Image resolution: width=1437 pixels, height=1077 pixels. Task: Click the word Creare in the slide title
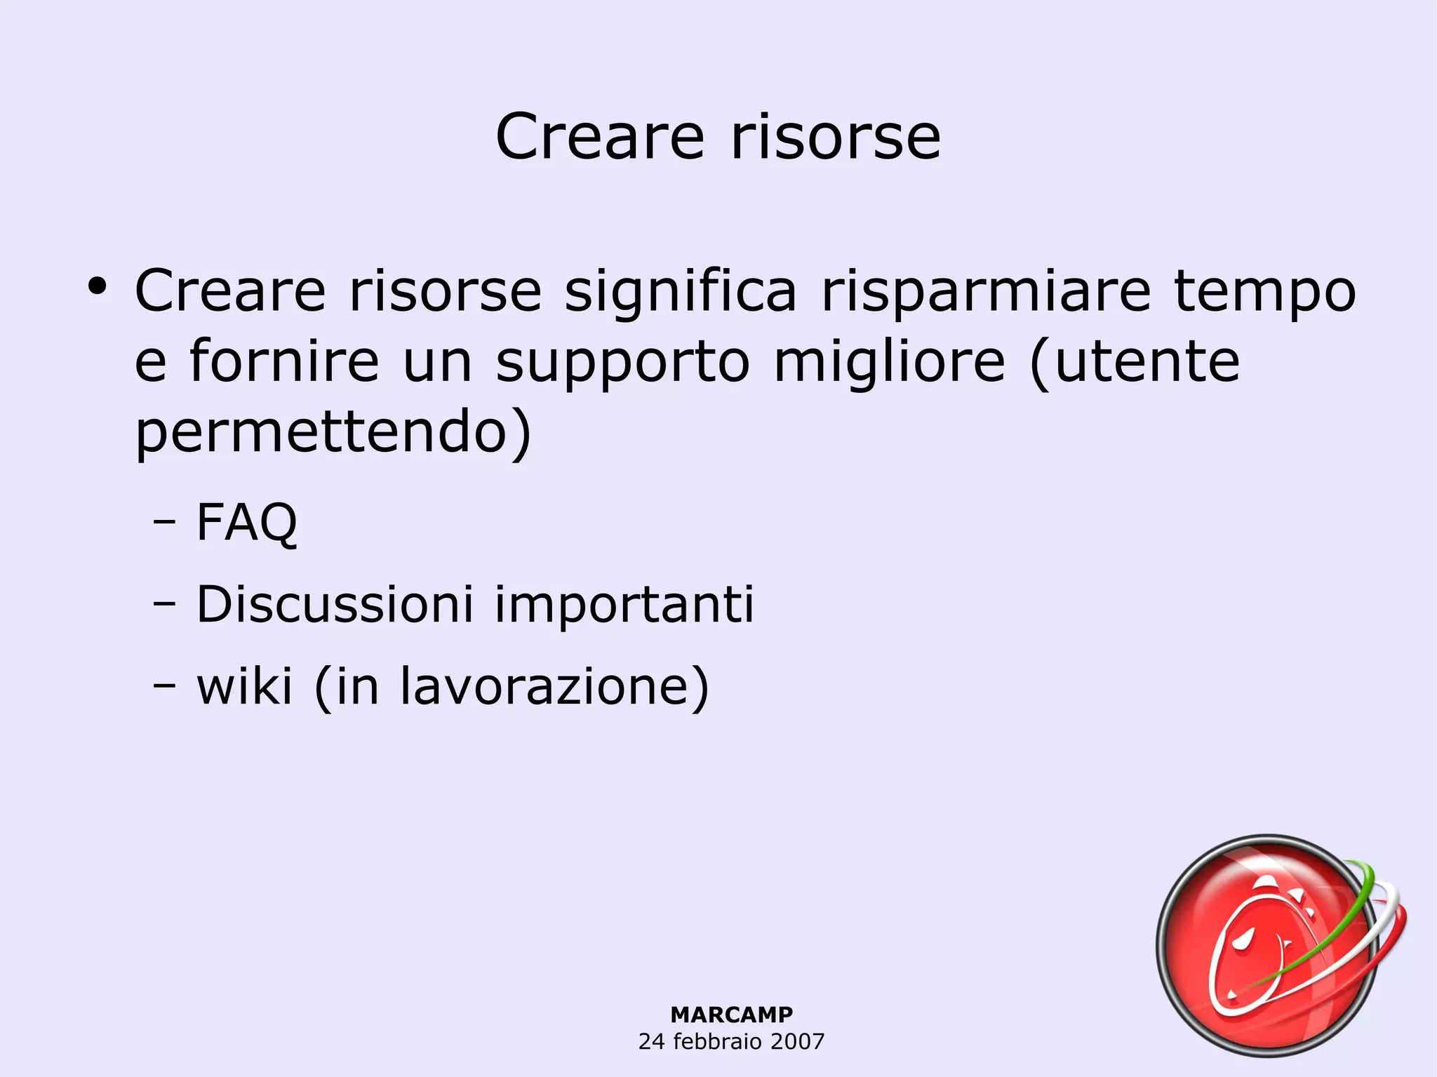tap(599, 137)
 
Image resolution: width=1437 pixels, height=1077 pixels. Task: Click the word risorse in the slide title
tap(835, 137)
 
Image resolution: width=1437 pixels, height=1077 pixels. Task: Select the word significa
tap(681, 291)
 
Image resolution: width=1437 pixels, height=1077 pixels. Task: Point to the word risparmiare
tap(986, 291)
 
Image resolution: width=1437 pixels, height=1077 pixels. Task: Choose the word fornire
tap(284, 361)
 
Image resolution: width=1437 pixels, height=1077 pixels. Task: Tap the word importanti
tap(624, 606)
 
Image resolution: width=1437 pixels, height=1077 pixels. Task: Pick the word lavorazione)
tap(554, 687)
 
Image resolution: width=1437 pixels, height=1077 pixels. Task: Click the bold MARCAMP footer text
tap(731, 1015)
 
